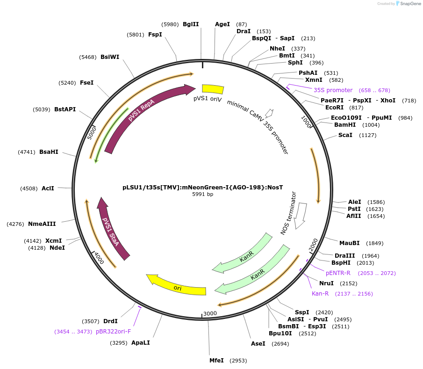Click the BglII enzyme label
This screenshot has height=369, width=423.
point(191,24)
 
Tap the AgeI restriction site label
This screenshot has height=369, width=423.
point(222,24)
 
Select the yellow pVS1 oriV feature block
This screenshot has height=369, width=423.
point(213,89)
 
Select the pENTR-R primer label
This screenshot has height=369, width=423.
point(338,273)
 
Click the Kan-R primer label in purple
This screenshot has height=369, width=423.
point(320,294)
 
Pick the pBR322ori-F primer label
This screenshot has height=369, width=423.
point(113,332)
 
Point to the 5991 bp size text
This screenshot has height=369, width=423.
point(203,194)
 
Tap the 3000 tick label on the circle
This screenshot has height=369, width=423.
point(210,313)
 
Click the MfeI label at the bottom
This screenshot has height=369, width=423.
point(216,361)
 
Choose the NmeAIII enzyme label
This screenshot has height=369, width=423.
point(42,224)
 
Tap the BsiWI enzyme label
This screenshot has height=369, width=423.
point(110,57)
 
